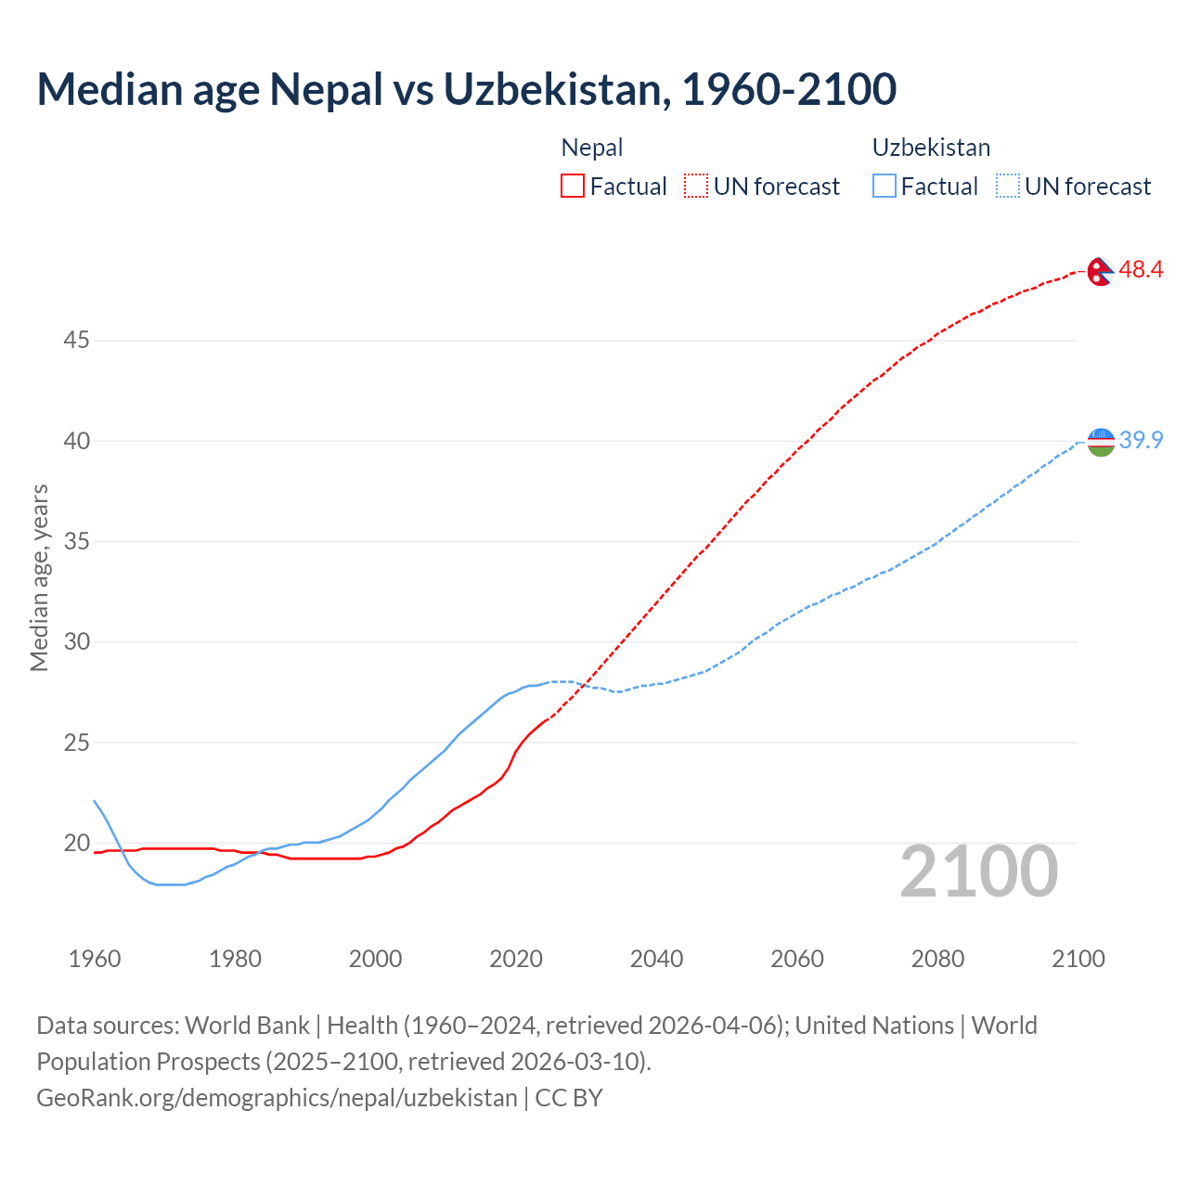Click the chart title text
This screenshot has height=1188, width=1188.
[x=467, y=89]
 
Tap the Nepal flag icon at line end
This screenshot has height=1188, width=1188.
[x=1101, y=271]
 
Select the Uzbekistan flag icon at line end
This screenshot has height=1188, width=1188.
[x=1101, y=442]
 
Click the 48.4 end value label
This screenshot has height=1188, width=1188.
[x=1141, y=270]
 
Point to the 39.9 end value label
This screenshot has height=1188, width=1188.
[x=1141, y=440]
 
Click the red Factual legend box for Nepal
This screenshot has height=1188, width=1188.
[x=573, y=187]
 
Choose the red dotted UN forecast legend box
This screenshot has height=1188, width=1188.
[x=696, y=187]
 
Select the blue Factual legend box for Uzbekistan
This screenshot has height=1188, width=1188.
[x=885, y=187]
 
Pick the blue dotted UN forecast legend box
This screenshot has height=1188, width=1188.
[x=1007, y=187]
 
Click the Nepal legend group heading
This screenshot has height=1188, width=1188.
[x=592, y=148]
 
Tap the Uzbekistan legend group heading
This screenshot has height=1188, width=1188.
[x=931, y=148]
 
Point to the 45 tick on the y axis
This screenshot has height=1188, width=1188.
[x=76, y=341]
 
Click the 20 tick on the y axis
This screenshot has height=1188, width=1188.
[x=76, y=844]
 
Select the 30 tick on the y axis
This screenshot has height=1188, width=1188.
[x=76, y=642]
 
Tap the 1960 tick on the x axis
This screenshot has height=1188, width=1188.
[x=95, y=959]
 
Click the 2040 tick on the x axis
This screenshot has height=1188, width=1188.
[x=656, y=959]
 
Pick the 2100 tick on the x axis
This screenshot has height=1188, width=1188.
[x=1078, y=959]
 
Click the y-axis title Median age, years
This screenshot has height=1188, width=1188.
[x=39, y=577]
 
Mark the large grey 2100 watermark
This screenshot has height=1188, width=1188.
[x=978, y=872]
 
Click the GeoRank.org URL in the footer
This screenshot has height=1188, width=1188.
[x=277, y=1098]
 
